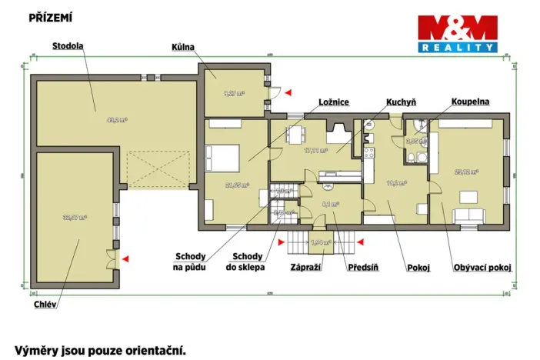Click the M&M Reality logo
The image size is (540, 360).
coord(457,34)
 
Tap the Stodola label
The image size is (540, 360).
coord(68,46)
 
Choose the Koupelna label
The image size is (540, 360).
coord(470,102)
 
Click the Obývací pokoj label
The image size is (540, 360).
coord(482,268)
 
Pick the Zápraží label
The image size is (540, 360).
coord(305,268)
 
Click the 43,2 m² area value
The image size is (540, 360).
coord(117,120)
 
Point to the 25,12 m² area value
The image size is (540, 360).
coord(467,172)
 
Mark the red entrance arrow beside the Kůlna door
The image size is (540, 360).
coord(288,92)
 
